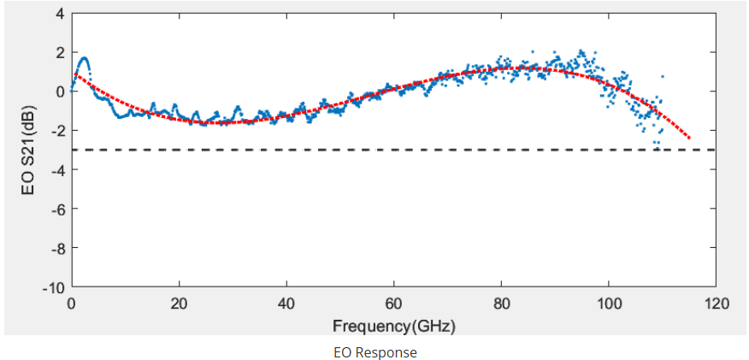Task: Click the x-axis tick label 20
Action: click(x=180, y=304)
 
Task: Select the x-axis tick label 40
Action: click(x=286, y=304)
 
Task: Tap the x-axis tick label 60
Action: click(x=394, y=304)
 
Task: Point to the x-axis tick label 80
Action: click(x=501, y=304)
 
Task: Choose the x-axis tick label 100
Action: click(x=608, y=304)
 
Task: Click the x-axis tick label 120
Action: click(x=716, y=304)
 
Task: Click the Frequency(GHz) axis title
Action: click(x=393, y=326)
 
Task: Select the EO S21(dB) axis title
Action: click(x=28, y=150)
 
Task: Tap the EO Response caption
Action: click(x=374, y=351)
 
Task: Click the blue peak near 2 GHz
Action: click(x=83, y=59)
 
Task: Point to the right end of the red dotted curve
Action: click(x=689, y=139)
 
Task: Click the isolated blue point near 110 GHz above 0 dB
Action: click(x=662, y=77)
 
